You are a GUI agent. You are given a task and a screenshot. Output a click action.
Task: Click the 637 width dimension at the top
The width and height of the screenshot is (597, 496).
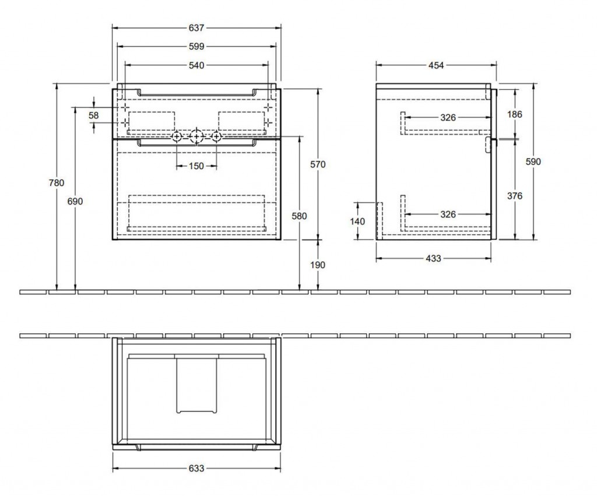pyautogui.click(x=196, y=27)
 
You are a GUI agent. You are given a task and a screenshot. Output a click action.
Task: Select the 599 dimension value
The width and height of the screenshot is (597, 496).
pyautogui.click(x=196, y=46)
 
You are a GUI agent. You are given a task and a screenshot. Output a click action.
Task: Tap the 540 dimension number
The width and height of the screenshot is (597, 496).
pyautogui.click(x=196, y=66)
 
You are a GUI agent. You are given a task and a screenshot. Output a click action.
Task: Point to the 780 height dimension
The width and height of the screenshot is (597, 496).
pyautogui.click(x=57, y=182)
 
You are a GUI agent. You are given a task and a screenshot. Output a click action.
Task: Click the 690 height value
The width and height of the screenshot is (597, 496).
pyautogui.click(x=75, y=201)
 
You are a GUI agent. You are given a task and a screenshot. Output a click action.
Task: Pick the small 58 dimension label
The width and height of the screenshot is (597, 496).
pyautogui.click(x=94, y=115)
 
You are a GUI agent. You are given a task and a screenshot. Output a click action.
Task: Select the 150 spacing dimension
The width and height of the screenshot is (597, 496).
pyautogui.click(x=196, y=166)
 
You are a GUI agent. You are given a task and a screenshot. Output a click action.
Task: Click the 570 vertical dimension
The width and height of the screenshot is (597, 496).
pyautogui.click(x=318, y=164)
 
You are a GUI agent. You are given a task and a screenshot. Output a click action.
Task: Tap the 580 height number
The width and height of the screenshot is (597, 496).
pyautogui.click(x=299, y=216)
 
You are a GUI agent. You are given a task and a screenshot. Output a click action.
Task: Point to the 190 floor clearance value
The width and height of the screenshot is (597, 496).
pyautogui.click(x=318, y=265)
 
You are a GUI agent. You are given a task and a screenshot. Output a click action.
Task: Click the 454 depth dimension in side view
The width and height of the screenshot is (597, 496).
pyautogui.click(x=436, y=65)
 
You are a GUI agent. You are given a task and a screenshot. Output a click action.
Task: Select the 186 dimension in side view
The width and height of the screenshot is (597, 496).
pyautogui.click(x=515, y=114)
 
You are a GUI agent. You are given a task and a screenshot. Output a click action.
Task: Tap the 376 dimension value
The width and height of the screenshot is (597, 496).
pyautogui.click(x=515, y=196)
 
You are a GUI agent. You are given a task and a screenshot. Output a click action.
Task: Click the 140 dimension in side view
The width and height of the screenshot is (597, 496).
pyautogui.click(x=357, y=221)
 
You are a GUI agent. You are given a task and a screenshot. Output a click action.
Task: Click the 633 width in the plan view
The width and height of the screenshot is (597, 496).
pyautogui.click(x=196, y=468)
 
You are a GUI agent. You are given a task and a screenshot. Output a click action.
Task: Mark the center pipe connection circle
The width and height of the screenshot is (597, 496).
pyautogui.click(x=197, y=136)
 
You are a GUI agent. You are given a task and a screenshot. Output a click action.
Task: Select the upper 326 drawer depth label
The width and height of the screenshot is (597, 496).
pyautogui.click(x=448, y=118)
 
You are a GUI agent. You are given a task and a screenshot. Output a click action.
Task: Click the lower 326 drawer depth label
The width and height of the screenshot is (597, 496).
pyautogui.click(x=448, y=214)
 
